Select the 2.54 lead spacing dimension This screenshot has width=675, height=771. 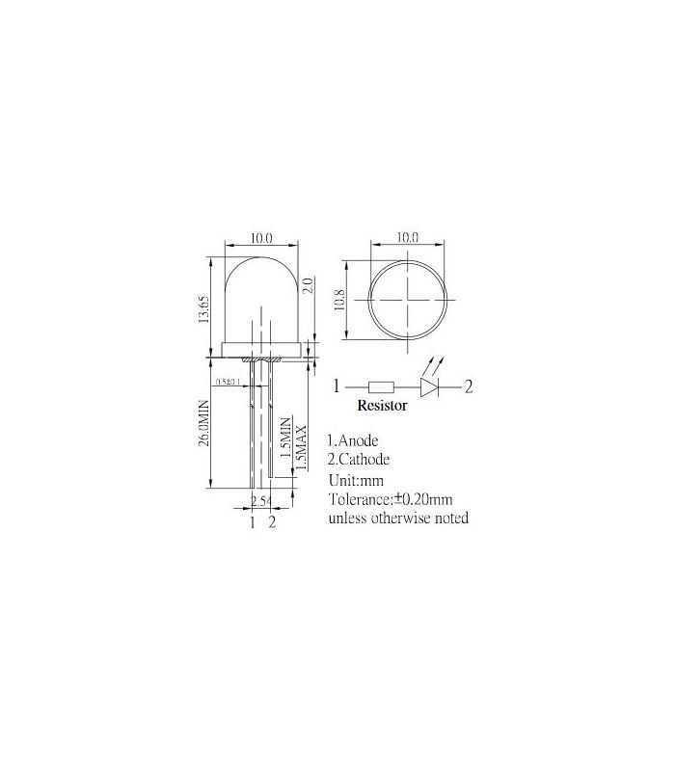click(260, 500)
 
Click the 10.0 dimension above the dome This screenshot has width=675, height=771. click(262, 237)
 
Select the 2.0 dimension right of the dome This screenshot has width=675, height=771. click(308, 285)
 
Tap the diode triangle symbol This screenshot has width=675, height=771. click(432, 387)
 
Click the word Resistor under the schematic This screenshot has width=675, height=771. click(383, 406)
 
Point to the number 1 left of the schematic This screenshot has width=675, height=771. click(336, 387)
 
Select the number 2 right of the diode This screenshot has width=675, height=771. click(469, 387)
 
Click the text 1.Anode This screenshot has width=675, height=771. click(360, 440)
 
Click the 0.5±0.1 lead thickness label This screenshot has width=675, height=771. click(229, 382)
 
